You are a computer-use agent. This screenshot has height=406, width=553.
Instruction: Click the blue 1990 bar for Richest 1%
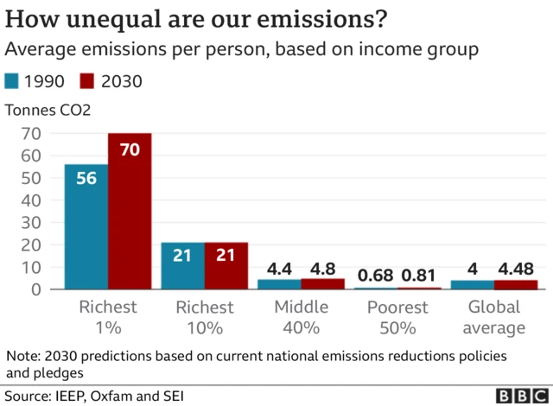point(86,226)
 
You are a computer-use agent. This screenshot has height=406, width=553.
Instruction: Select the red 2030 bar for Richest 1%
point(130,212)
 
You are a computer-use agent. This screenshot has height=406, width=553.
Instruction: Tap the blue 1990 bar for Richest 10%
point(183,266)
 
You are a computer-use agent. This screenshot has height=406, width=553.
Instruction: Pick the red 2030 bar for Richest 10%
point(226,266)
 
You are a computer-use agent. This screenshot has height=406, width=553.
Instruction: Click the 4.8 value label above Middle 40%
point(323,269)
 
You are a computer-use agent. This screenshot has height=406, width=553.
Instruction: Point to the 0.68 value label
point(376,276)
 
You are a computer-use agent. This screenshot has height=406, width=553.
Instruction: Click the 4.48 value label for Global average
point(516,269)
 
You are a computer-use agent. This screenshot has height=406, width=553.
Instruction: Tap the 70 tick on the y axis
point(32,134)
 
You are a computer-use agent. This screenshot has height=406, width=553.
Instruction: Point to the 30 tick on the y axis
point(32,223)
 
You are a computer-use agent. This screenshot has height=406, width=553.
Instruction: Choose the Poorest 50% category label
point(397,317)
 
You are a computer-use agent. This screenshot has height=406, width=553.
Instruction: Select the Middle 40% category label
point(301,317)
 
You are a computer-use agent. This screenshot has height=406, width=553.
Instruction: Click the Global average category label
point(493,317)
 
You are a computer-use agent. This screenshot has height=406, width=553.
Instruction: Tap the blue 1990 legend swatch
point(13,82)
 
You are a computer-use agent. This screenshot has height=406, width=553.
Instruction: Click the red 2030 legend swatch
point(87,82)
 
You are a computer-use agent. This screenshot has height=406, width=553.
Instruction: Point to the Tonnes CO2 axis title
point(48,110)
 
